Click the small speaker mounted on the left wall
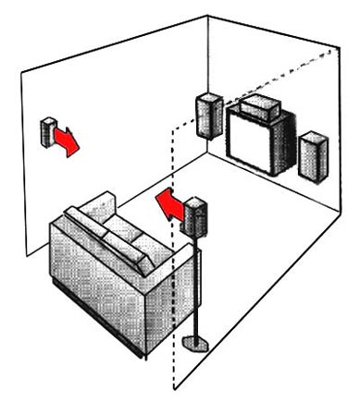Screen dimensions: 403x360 [47, 132]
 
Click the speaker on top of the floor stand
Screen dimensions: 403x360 [195, 217]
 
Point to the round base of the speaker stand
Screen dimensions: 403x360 [196, 345]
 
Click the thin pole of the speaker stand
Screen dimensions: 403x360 [196, 287]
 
